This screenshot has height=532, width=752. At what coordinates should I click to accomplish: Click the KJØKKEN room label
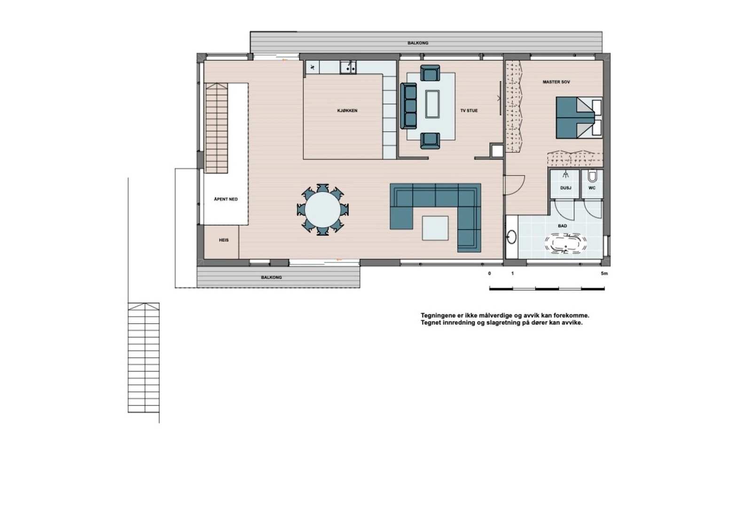(347, 111)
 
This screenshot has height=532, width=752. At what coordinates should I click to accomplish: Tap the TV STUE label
(469, 111)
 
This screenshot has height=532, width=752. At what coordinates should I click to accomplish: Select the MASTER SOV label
(556, 82)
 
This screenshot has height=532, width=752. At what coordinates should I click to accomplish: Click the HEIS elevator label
(224, 240)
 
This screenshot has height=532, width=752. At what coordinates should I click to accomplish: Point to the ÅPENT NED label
(226, 199)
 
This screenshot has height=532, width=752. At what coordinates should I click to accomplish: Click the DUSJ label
(565, 188)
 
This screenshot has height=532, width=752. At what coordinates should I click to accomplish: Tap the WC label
(592, 188)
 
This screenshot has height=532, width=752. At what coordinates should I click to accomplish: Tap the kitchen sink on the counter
(348, 68)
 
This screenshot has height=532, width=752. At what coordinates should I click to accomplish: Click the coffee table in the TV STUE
(432, 104)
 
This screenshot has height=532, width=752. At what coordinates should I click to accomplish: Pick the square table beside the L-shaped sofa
(435, 228)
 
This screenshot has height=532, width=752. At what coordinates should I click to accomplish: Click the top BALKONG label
(418, 43)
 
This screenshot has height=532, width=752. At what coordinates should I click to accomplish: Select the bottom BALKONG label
(271, 278)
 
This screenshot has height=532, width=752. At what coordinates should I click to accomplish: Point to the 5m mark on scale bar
(604, 274)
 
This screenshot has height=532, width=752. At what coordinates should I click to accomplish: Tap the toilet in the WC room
(592, 177)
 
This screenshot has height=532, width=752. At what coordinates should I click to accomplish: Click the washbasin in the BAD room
(511, 237)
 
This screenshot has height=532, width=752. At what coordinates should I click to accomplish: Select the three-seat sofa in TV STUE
(408, 106)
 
